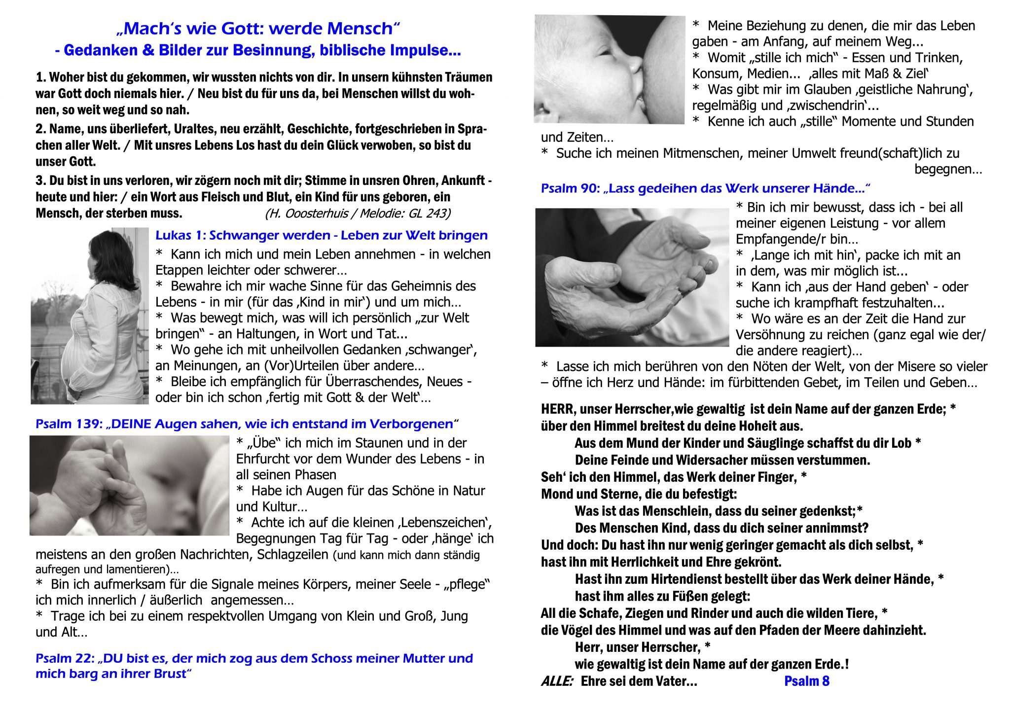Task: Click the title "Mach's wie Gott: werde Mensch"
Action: [x=258, y=29]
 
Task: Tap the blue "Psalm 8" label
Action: [x=807, y=681]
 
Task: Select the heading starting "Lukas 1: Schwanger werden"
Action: [x=321, y=235]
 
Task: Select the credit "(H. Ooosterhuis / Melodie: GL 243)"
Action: [x=358, y=214]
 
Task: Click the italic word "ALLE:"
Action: [x=557, y=681]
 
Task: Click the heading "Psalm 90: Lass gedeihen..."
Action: [x=705, y=188]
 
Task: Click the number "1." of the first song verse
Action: [x=41, y=77]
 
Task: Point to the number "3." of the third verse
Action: [x=41, y=180]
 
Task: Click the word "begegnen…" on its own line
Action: [x=948, y=169]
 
